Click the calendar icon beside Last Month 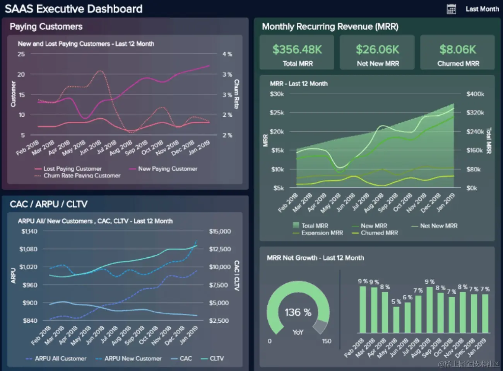(451, 9)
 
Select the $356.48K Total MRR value (297, 49)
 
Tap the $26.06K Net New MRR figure (377, 49)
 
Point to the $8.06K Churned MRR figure (458, 49)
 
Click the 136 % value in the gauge (298, 312)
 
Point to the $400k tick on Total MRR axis (475, 94)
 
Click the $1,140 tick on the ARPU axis (29, 231)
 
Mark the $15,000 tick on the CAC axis (220, 231)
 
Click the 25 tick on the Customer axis (21, 54)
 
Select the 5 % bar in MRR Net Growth (396, 319)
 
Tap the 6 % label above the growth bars (407, 297)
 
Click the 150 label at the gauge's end (327, 341)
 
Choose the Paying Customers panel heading (46, 27)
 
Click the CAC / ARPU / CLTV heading (48, 204)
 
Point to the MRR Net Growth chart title (315, 258)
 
